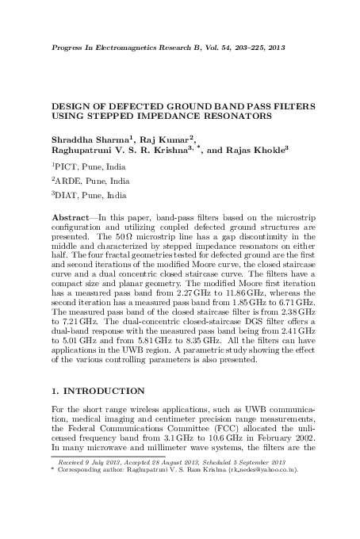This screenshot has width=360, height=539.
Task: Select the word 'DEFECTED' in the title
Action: point(124,105)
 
